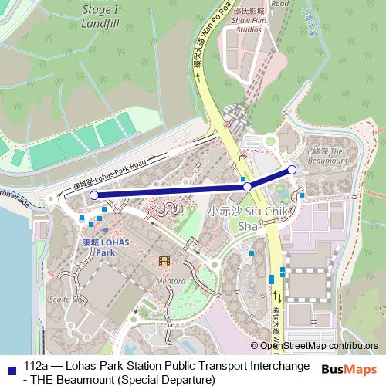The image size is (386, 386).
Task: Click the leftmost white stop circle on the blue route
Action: pos(94,196)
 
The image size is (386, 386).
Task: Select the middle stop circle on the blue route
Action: pos(247,187)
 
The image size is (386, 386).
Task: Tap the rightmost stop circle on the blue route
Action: pos(292,170)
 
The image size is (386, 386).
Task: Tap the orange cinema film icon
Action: pos(163,261)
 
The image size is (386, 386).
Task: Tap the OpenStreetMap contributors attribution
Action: pos(318,347)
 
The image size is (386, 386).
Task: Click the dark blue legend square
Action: pos(10,365)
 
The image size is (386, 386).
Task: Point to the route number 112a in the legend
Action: pos(37,364)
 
